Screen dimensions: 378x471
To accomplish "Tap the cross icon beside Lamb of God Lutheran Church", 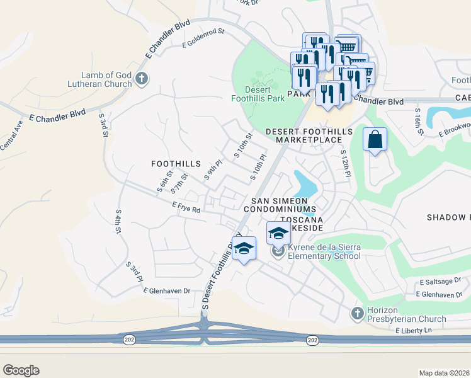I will pos(142,79).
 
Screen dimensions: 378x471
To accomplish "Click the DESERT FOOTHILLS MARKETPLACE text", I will pos(303,135).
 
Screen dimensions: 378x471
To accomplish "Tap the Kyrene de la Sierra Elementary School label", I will pos(324,252).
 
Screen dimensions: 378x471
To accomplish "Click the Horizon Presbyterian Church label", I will pos(406,314).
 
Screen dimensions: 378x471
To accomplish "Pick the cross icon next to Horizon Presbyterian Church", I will pos(357,313).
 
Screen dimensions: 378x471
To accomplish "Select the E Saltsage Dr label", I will pos(440,283).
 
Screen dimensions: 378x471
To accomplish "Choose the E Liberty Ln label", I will pos(415,330).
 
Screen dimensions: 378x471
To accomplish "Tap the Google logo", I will pos(21,370).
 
